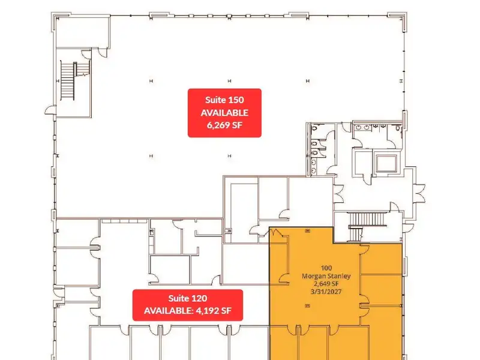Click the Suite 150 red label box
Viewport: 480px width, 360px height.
(224, 113)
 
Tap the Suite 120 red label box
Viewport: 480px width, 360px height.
(188, 305)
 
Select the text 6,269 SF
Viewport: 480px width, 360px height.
(224, 125)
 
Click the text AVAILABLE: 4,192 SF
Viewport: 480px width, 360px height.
(188, 311)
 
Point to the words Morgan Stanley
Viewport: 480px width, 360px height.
(326, 276)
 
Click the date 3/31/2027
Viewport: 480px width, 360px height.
(326, 292)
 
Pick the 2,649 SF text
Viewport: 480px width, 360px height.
(326, 284)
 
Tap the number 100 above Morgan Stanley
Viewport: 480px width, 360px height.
(326, 268)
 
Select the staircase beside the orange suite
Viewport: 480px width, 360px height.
(367, 226)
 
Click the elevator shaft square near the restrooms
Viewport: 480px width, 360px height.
(386, 163)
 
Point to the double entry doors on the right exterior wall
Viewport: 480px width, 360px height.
(419, 193)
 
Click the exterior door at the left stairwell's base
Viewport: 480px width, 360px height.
(50, 110)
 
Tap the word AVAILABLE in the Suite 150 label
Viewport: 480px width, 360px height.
(224, 113)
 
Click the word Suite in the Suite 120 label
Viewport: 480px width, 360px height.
(178, 298)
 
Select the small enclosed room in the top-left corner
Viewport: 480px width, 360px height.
(82, 32)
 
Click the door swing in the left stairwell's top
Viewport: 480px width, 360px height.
(86, 54)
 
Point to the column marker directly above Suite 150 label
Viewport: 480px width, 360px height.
(229, 81)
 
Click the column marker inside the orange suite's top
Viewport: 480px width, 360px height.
(308, 230)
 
